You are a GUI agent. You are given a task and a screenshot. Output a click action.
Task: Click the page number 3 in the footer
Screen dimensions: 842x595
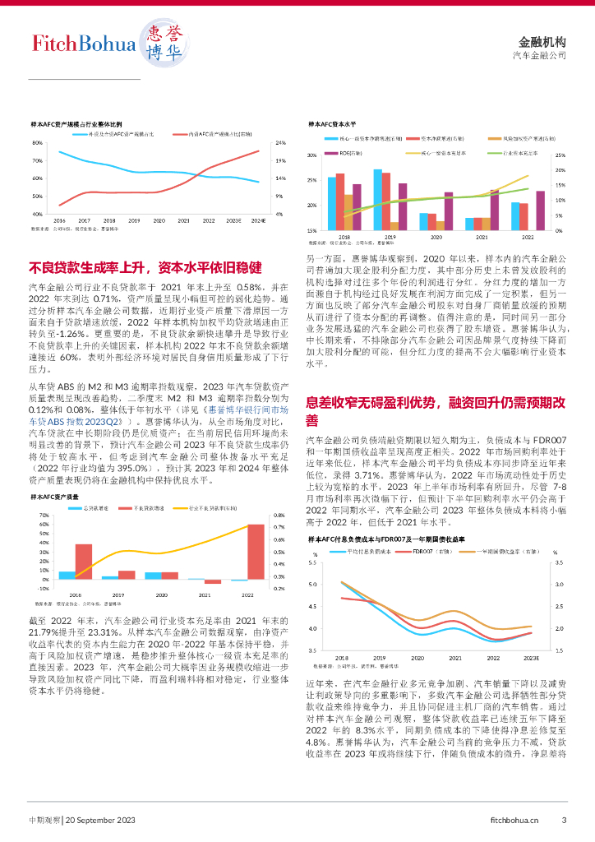coord(564,819)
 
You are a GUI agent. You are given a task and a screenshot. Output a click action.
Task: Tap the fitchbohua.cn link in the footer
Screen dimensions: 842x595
coord(514,819)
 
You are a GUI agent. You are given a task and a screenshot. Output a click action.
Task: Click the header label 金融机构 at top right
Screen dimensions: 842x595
coord(542,41)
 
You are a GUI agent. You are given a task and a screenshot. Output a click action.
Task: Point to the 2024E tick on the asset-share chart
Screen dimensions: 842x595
coord(258,220)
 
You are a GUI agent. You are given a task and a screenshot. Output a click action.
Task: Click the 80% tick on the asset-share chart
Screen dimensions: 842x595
coord(37,142)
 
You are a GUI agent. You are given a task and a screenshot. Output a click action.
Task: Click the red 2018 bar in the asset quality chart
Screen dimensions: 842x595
coord(84,562)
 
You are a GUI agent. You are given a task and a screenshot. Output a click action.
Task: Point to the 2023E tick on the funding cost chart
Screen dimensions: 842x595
coord(531,658)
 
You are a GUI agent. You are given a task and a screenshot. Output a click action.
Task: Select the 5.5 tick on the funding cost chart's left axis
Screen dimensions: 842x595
coord(311,562)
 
